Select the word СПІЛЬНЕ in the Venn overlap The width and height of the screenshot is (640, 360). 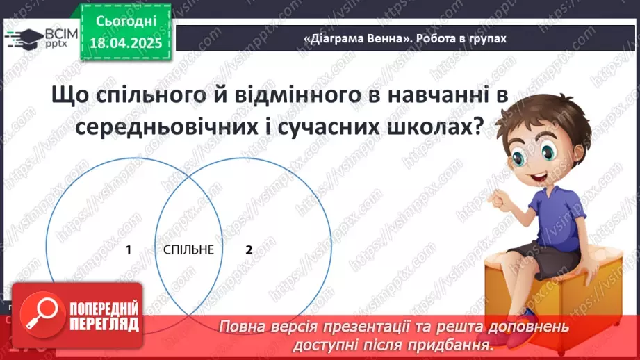(x=189, y=249)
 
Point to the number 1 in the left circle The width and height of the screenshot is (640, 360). (x=129, y=249)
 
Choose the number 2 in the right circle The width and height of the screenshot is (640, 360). (x=249, y=249)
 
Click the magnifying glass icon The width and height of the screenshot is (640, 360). (x=38, y=316)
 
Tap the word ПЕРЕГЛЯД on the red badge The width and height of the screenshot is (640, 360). (x=104, y=325)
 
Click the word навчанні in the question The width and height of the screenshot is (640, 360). (x=411, y=96)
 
